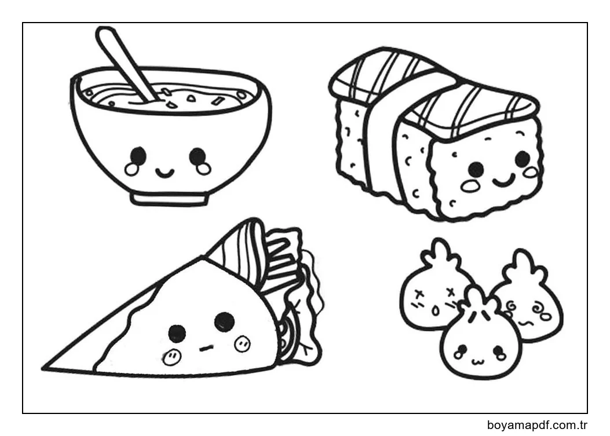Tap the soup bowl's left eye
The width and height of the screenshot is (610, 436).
[x=138, y=156]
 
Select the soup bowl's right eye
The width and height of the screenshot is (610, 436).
[x=197, y=156]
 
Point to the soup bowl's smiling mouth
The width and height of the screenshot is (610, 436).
[x=165, y=171]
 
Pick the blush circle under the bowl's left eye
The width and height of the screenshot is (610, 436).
[x=132, y=169]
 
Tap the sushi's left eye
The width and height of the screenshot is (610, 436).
[x=476, y=169]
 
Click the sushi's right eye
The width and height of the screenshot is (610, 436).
[x=523, y=158]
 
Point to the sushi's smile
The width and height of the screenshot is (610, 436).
[x=504, y=180]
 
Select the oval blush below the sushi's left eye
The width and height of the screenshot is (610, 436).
[x=471, y=186]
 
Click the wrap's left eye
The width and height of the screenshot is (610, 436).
[x=177, y=334]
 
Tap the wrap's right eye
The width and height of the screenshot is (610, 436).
[x=224, y=321]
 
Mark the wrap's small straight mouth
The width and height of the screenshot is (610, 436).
[x=206, y=348]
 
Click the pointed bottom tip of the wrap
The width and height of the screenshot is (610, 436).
[x=43, y=368]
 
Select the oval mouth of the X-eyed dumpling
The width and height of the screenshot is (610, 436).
[x=436, y=311]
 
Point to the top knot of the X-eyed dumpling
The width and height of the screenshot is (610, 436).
[x=440, y=253]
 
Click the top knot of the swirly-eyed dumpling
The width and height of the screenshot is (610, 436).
[x=523, y=265]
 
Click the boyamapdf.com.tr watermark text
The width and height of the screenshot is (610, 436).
[x=537, y=425]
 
